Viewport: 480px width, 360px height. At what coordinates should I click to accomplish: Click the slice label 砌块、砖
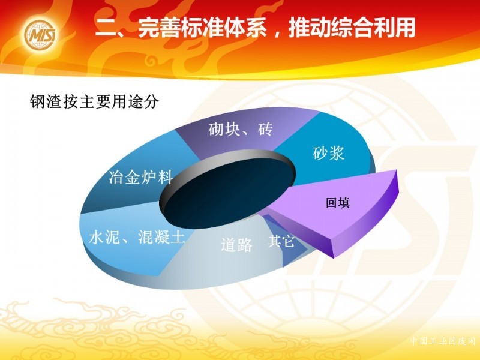[241, 129]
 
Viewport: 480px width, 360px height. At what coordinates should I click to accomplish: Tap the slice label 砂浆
[328, 152]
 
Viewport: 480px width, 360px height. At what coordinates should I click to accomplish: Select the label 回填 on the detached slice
[338, 203]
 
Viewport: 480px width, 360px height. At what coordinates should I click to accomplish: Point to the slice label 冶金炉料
[141, 177]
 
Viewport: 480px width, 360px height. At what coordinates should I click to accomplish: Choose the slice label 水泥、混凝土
[137, 236]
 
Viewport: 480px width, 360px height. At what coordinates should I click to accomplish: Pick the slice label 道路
[236, 245]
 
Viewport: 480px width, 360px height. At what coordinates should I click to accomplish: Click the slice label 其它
[281, 241]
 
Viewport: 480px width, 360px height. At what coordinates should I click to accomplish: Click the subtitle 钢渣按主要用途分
[95, 101]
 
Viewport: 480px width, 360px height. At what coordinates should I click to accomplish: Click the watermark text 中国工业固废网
[443, 341]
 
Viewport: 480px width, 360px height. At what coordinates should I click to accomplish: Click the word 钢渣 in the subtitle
[46, 101]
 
